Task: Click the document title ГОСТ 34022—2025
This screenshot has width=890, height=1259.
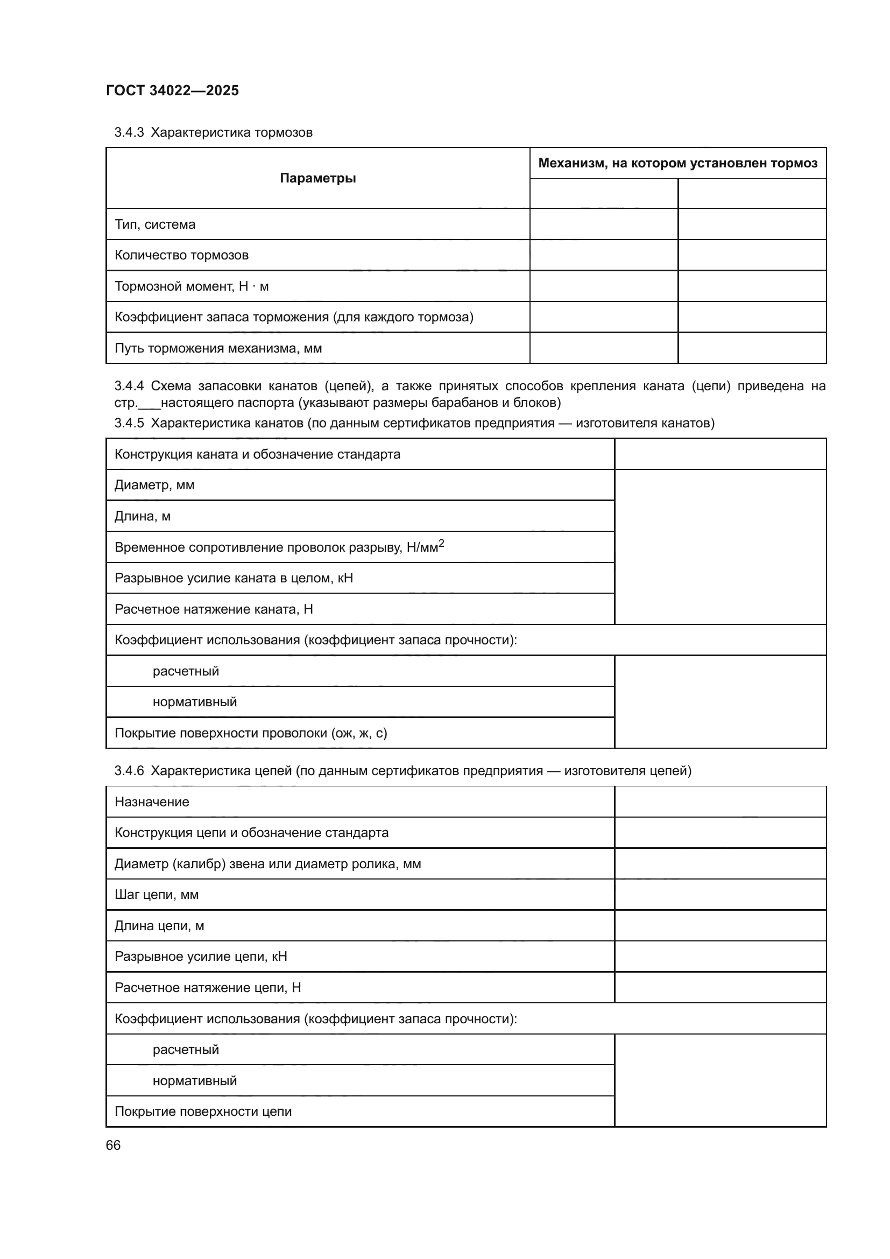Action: tap(172, 90)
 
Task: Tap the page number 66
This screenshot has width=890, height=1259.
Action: tap(114, 1145)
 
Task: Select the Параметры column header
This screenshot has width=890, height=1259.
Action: tap(318, 178)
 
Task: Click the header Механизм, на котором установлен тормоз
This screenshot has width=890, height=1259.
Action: tap(677, 163)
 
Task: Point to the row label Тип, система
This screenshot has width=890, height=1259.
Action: tap(155, 224)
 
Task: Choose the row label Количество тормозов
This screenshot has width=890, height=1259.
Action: tap(181, 255)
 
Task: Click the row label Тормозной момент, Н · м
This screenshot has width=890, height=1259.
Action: tap(191, 286)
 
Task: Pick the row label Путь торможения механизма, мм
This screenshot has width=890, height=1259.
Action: tap(218, 348)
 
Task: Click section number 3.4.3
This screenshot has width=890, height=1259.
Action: tap(129, 132)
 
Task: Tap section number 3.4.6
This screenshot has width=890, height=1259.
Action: tap(129, 771)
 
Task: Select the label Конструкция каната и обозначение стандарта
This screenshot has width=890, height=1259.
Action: tap(257, 454)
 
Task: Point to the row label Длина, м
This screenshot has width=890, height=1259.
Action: tap(143, 516)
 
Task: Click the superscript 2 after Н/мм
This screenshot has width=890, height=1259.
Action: tap(442, 543)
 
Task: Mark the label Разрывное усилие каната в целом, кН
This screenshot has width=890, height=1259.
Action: tap(234, 578)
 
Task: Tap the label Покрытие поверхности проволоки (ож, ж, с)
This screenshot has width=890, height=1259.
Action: tap(250, 733)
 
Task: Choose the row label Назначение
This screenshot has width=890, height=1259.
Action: tap(152, 801)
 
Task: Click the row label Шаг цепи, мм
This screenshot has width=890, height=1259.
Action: tap(156, 895)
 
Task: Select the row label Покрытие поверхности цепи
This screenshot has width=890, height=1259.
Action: tap(203, 1112)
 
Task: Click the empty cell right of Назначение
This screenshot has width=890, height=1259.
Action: tap(720, 801)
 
